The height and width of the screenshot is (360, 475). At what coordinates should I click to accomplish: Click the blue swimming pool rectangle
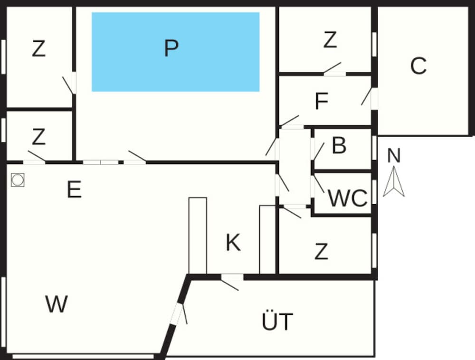(176, 52)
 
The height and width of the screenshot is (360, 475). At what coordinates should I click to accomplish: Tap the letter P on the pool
(171, 48)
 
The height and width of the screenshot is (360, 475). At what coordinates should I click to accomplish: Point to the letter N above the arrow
(394, 155)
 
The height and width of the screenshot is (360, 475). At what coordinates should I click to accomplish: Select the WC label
(348, 199)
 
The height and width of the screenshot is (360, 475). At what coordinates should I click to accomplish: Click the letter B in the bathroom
(339, 145)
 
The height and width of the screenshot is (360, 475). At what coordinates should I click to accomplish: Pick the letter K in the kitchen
(233, 243)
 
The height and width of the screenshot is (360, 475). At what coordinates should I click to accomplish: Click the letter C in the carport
(418, 66)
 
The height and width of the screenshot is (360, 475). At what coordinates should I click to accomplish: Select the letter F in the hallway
(322, 101)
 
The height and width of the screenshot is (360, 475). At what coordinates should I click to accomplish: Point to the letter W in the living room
(57, 304)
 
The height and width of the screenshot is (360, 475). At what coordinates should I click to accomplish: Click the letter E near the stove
(74, 189)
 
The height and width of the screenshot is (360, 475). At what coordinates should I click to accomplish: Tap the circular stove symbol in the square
(18, 180)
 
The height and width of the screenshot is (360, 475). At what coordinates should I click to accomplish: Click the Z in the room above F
(330, 40)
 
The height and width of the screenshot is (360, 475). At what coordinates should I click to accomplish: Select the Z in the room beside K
(321, 251)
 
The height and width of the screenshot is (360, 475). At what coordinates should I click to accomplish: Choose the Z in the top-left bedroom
(39, 49)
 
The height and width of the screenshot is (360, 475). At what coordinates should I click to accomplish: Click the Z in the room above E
(39, 137)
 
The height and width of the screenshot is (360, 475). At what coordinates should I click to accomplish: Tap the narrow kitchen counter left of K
(198, 236)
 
